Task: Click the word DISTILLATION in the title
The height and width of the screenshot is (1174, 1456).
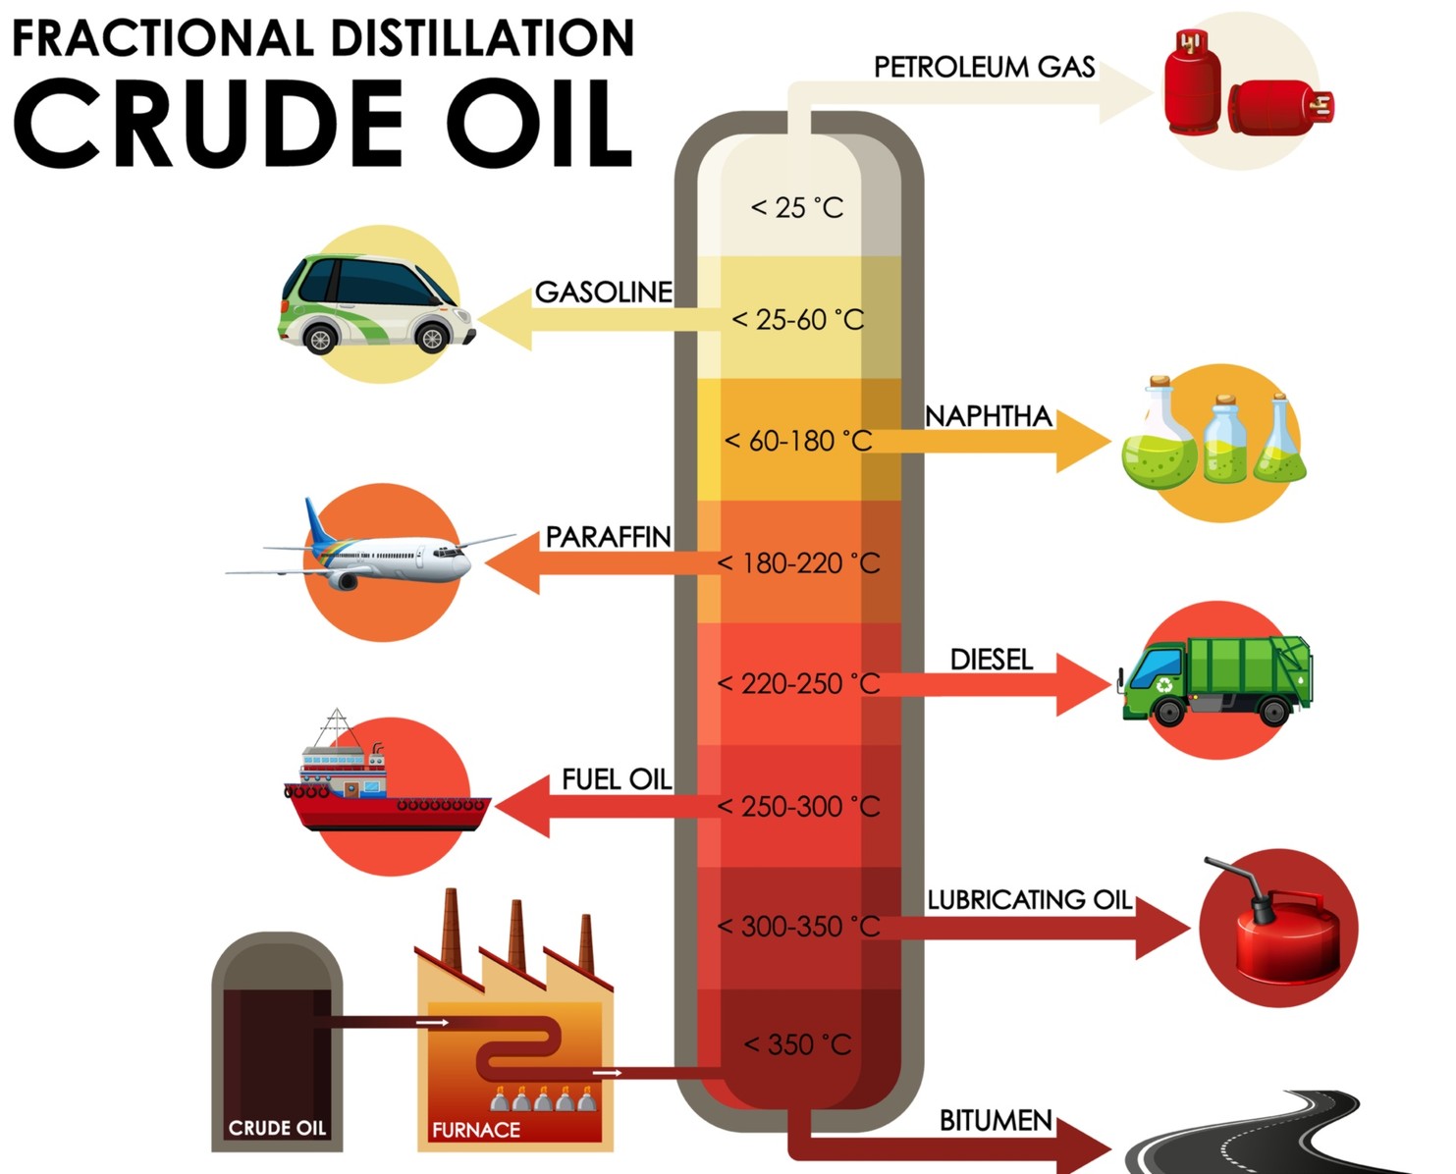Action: (482, 38)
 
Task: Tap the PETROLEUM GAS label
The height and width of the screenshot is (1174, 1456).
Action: (984, 67)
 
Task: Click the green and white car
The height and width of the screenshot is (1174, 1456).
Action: (376, 304)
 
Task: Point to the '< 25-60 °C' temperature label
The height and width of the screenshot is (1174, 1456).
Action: (797, 320)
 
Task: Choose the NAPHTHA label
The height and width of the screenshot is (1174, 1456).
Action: (988, 416)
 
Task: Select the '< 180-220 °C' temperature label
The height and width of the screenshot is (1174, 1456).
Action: (798, 563)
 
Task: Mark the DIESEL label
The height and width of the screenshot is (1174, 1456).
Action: (992, 660)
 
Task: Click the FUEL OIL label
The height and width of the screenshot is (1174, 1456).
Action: (617, 779)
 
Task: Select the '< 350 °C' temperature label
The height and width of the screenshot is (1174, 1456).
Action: (797, 1044)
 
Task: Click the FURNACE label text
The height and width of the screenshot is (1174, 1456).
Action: (475, 1130)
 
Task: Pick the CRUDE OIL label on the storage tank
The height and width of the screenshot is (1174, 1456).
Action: (277, 1128)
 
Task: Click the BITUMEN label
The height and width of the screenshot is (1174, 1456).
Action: (996, 1121)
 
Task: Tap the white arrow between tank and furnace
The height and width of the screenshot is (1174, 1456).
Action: (432, 1022)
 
